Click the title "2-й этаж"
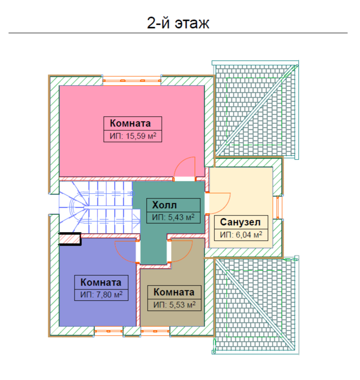[178, 23]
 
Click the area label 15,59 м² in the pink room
[141, 136]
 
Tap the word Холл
[165, 205]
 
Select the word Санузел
[240, 222]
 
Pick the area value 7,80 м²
[110, 294]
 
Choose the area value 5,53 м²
[182, 305]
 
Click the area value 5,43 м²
[181, 217]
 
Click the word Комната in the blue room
[101, 282]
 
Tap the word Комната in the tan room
[174, 292]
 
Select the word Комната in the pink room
[130, 123]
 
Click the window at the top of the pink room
[132, 80]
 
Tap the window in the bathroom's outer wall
[278, 207]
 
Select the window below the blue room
[109, 331]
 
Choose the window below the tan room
[155, 331]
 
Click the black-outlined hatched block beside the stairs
[70, 239]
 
